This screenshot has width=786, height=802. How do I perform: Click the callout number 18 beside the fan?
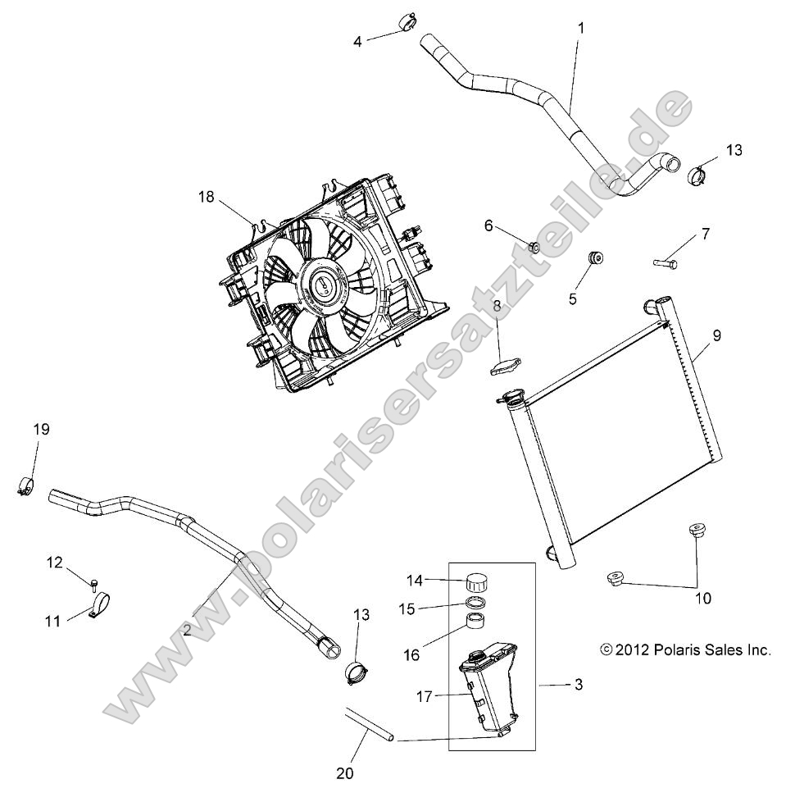(x=205, y=196)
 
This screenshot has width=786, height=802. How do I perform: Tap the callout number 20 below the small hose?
(x=345, y=772)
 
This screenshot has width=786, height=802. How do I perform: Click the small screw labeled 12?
(x=95, y=583)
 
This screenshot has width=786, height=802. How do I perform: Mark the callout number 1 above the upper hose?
(x=580, y=28)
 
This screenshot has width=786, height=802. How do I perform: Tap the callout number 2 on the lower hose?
(x=187, y=630)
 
